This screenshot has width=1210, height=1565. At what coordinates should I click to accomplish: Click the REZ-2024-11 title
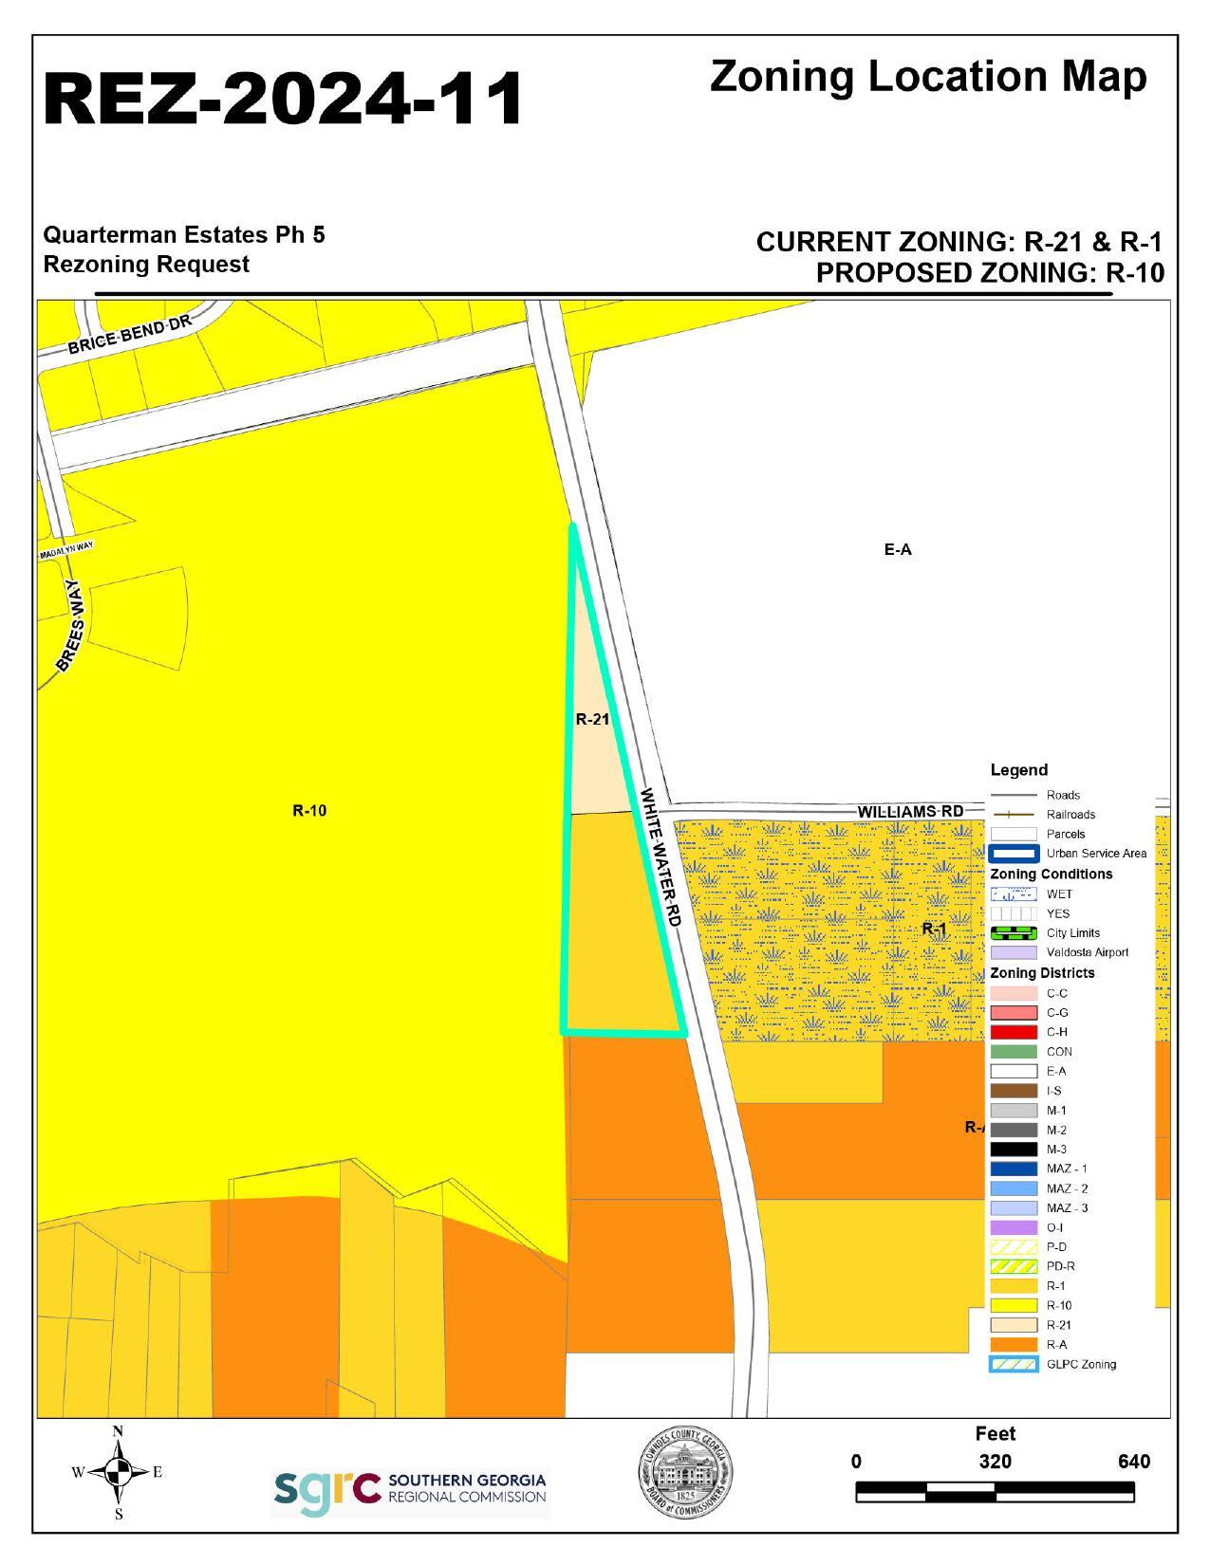(x=283, y=99)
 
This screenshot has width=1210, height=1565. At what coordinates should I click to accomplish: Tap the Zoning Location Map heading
(x=927, y=78)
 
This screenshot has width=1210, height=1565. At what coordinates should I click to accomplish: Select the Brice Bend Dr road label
(x=129, y=334)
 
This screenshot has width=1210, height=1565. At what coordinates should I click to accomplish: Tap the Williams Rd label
(x=909, y=812)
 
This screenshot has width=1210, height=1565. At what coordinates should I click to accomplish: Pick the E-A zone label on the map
(x=897, y=549)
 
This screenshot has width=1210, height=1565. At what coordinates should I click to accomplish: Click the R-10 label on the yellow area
(x=309, y=811)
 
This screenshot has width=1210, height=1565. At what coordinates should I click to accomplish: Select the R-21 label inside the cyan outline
(x=592, y=719)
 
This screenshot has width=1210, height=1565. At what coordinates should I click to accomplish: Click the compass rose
(x=118, y=1472)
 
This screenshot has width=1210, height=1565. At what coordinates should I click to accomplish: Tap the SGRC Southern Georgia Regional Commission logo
(x=410, y=1488)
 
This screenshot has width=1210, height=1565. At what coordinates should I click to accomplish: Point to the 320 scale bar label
(x=995, y=1462)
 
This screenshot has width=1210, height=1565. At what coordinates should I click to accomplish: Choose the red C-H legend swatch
(x=1013, y=1032)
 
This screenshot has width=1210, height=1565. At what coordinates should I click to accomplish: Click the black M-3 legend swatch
(x=1013, y=1150)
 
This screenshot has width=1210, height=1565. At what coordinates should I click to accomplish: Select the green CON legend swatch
(x=1013, y=1052)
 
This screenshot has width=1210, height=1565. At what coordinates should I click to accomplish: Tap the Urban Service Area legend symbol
(x=1013, y=854)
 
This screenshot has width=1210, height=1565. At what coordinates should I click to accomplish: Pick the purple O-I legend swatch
(x=1013, y=1227)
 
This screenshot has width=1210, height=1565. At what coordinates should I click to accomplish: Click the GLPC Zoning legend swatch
(x=1013, y=1365)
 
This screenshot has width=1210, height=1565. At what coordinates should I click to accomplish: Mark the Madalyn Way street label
(x=66, y=551)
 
